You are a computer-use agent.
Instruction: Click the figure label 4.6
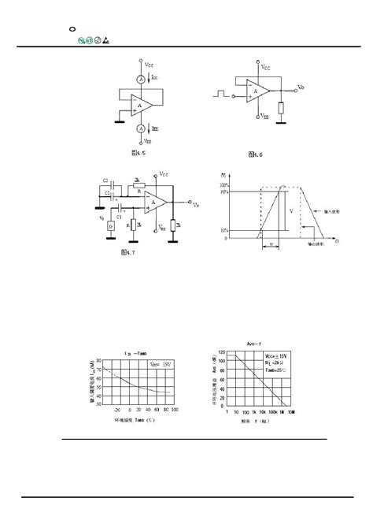(x=254, y=154)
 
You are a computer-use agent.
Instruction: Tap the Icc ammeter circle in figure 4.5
(x=141, y=79)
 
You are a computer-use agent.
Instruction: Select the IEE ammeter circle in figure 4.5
(x=141, y=128)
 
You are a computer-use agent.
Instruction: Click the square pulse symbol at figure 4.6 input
(x=220, y=95)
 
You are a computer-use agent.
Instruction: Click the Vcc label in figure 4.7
(x=164, y=173)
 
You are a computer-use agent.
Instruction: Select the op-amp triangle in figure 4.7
(x=156, y=203)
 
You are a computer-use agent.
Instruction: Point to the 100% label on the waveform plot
(x=224, y=184)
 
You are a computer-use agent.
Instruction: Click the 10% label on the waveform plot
(x=225, y=230)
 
